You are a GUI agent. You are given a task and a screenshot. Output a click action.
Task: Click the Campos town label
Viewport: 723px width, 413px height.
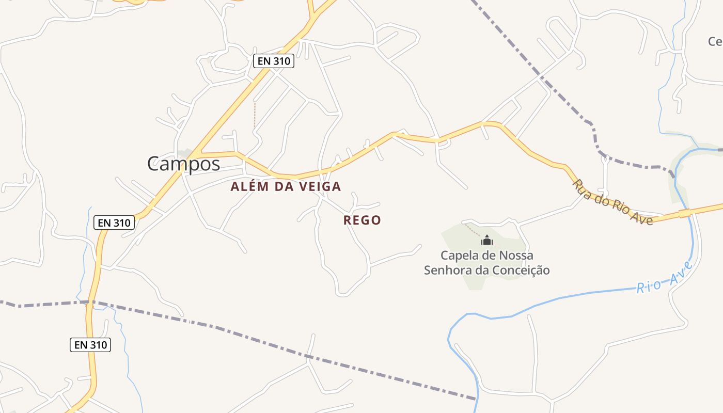pyautogui.click(x=183, y=164)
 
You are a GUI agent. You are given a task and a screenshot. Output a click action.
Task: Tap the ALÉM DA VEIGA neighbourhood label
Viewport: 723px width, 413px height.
pyautogui.click(x=286, y=186)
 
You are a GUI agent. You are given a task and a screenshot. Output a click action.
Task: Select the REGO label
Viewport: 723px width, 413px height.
pyautogui.click(x=362, y=220)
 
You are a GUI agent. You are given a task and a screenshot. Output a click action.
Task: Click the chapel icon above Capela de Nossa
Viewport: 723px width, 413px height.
pyautogui.click(x=487, y=240)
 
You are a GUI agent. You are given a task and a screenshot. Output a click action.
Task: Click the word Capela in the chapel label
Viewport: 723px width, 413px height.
pyautogui.click(x=458, y=255)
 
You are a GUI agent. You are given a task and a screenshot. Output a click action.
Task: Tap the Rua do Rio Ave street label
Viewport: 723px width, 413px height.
pyautogui.click(x=612, y=202)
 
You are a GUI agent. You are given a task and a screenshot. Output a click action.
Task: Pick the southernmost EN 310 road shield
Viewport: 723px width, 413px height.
pyautogui.click(x=90, y=345)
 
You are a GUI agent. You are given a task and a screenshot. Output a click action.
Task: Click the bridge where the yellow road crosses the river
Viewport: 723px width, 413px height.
pyautogui.click(x=685, y=213)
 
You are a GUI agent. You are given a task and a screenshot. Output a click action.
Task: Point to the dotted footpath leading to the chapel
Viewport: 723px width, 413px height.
pyautogui.click(x=472, y=229)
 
